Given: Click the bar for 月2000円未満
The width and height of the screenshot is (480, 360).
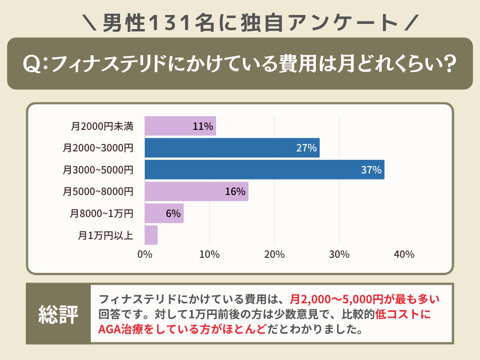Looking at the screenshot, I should point(180,126).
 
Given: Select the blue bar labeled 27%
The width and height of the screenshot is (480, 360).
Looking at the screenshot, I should point(232,148).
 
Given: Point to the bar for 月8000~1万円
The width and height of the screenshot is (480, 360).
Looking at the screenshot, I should point(164,213).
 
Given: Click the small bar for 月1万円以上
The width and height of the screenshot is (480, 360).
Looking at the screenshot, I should point(151,235).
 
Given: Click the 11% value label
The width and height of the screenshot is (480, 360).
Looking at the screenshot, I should point(203,126).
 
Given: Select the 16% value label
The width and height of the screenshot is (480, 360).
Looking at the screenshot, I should point(235,191).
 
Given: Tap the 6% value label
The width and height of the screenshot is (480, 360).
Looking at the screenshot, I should point(173,213).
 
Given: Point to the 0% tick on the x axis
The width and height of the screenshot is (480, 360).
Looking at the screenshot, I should point(145,255).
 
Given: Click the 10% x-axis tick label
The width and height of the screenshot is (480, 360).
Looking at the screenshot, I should point(210,255).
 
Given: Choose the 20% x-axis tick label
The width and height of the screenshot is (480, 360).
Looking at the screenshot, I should point(274,255).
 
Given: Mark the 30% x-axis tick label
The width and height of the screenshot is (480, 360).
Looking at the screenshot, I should point(339,255).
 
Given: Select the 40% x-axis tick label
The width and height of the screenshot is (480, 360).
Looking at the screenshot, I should point(404,255).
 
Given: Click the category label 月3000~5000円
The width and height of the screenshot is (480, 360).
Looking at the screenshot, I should point(98,170).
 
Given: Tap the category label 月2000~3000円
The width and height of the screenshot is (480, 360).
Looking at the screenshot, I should point(98,148).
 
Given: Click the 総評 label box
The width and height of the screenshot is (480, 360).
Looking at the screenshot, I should point(58,314).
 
